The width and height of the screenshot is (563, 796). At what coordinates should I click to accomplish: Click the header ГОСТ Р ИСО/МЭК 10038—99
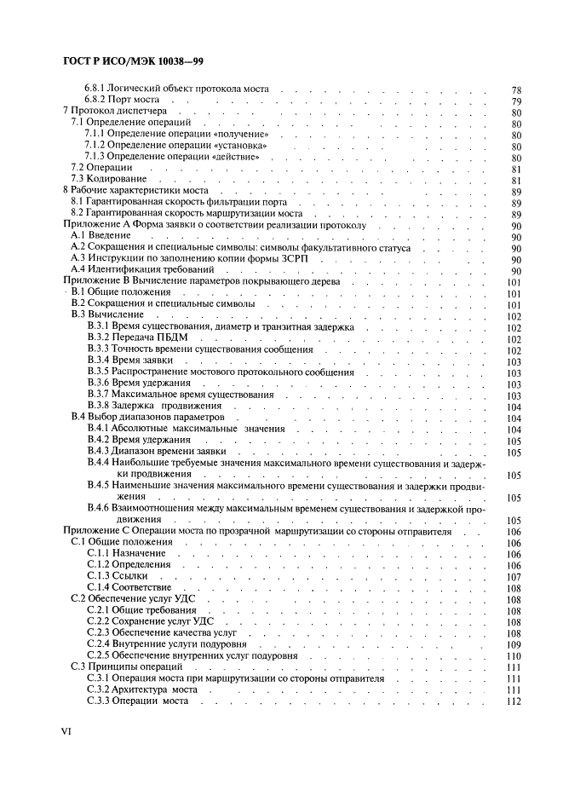[x=134, y=62]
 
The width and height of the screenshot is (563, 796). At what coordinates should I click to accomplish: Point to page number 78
[x=515, y=89]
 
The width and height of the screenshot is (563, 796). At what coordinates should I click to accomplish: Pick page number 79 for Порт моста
[x=515, y=101]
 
